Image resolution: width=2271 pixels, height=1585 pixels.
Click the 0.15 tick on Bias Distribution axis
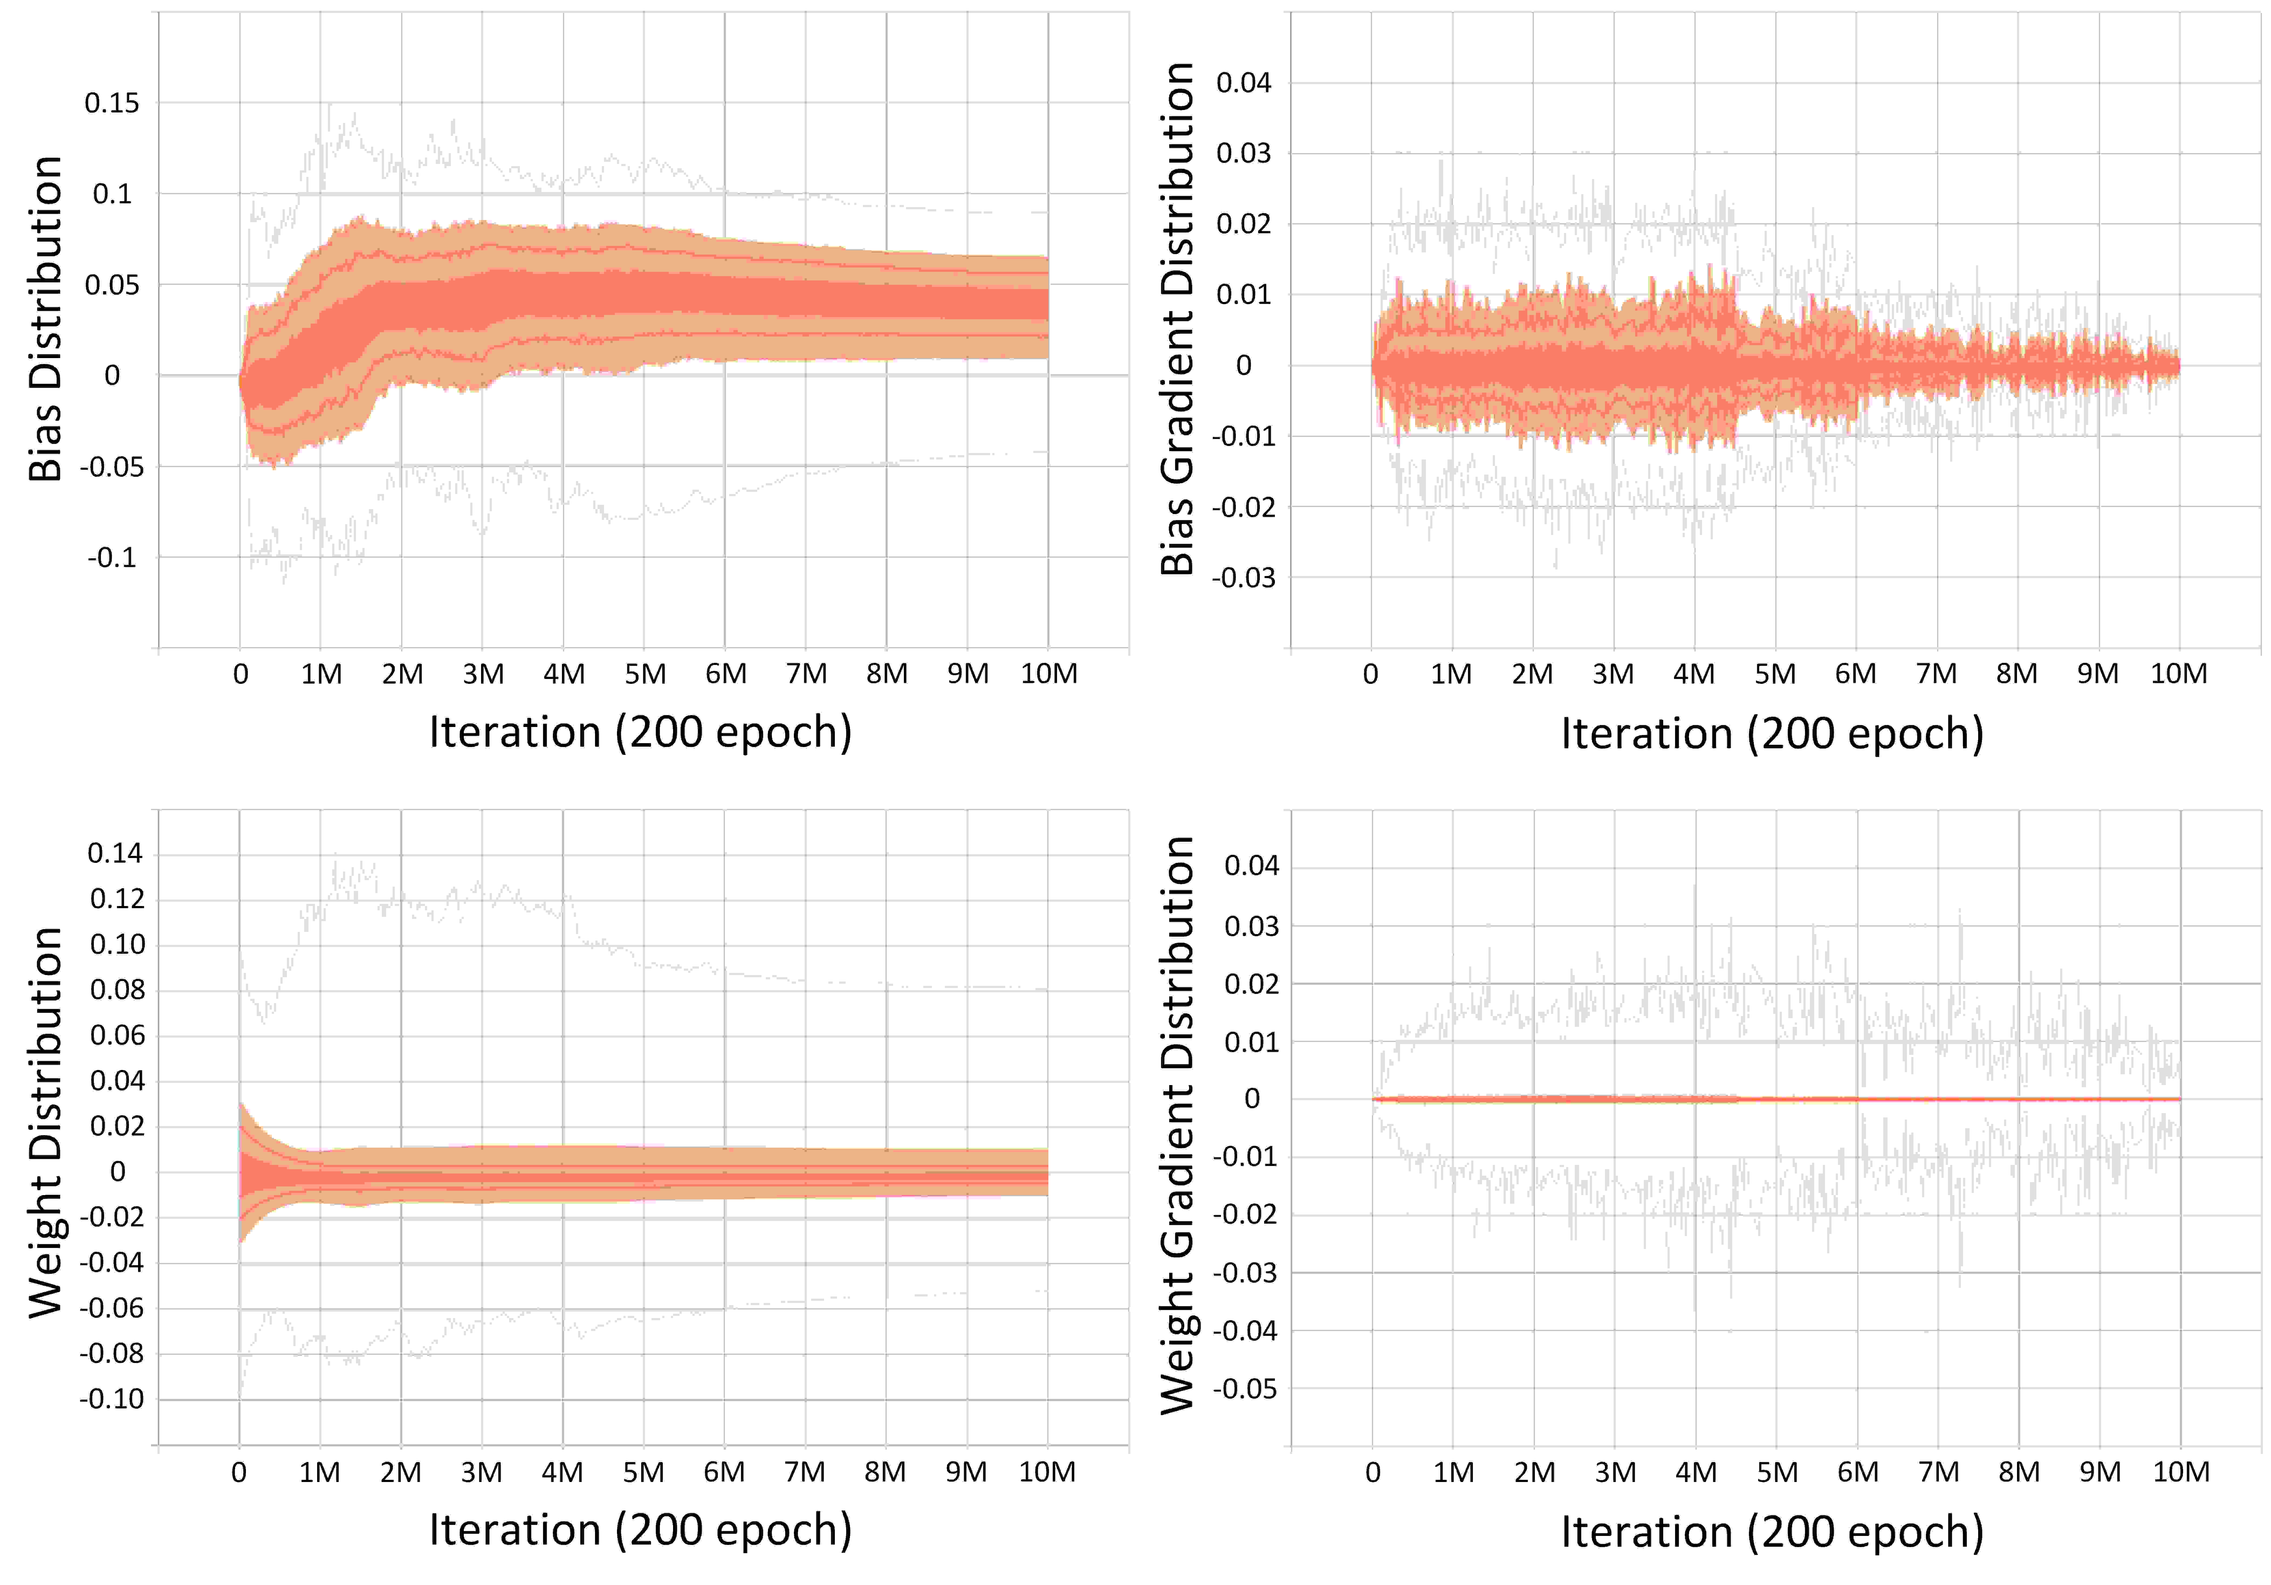coord(112,103)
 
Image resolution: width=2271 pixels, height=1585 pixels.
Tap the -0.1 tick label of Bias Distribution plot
coord(112,558)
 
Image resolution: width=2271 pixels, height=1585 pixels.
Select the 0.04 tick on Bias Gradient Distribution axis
coord(1243,83)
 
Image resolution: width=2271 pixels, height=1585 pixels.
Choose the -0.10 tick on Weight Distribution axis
coord(112,1399)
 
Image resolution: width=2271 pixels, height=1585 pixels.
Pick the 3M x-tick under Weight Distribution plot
coord(482,1472)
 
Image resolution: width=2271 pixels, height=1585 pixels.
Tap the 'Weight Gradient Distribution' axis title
coord(1177,1125)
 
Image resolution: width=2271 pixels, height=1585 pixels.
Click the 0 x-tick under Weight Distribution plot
coord(238,1472)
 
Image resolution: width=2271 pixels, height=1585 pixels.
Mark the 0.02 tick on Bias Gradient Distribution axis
coord(1243,224)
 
